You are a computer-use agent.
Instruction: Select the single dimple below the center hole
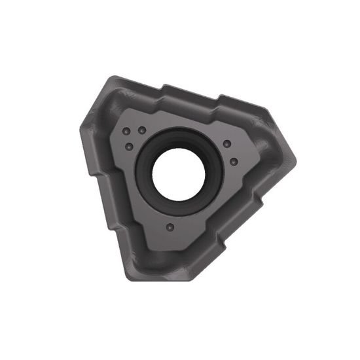click(170, 227)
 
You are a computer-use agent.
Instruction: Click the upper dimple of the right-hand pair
click(226, 144)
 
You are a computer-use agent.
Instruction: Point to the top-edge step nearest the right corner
click(223, 99)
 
